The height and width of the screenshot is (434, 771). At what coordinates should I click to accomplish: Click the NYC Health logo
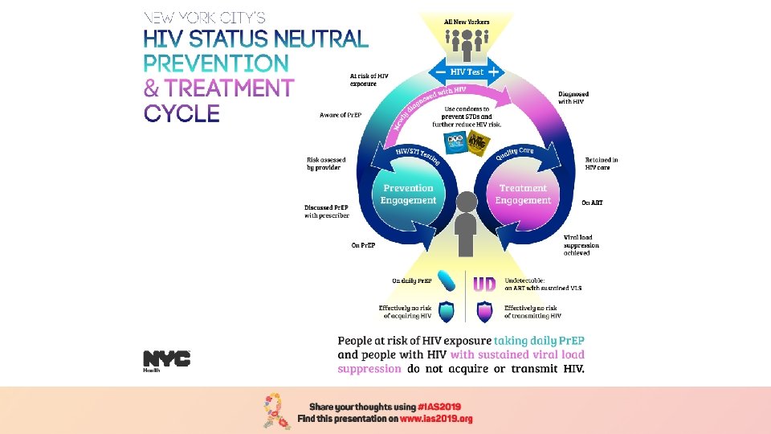coord(166,360)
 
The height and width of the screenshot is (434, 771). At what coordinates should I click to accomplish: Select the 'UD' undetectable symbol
coord(484,284)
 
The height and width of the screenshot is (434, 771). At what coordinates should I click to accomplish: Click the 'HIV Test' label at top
coord(467,72)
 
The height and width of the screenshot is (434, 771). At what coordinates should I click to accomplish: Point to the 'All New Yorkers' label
coord(466,20)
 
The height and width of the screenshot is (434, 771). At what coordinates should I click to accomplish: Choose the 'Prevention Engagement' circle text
coord(408,194)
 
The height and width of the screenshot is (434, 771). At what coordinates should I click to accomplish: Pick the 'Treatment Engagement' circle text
coord(524,194)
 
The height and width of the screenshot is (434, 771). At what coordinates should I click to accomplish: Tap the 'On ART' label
coord(592,203)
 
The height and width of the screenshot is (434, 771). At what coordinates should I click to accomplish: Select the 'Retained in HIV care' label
coord(602,163)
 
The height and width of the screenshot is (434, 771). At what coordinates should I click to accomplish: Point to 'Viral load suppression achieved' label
coord(581,244)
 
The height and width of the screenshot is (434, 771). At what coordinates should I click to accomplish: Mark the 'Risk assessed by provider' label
coord(324,163)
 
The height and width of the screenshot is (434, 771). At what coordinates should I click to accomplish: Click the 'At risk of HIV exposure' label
coord(369,80)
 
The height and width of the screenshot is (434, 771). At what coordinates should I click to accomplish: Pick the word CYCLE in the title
coord(182,113)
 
